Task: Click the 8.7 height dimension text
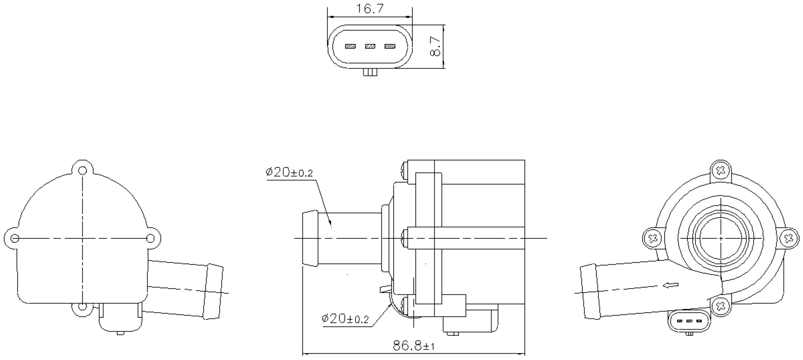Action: [x=435, y=47]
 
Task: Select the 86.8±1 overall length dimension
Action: [x=414, y=346]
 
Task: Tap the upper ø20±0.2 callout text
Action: [x=289, y=173]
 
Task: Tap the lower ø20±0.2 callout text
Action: [x=345, y=319]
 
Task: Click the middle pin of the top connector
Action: [x=370, y=46]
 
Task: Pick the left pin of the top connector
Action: [x=350, y=46]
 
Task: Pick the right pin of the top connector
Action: [x=390, y=46]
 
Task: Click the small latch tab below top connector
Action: [x=370, y=72]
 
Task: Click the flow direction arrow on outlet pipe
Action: [x=671, y=285]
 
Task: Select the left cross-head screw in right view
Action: [x=653, y=239]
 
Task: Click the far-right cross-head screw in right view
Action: [x=790, y=239]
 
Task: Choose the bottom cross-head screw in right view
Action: [x=720, y=305]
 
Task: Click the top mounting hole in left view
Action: [x=82, y=171]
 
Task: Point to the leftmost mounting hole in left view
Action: [x=15, y=238]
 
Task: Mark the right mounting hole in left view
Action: [x=151, y=238]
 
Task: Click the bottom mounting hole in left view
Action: [x=82, y=306]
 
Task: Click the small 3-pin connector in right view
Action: [x=689, y=321]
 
